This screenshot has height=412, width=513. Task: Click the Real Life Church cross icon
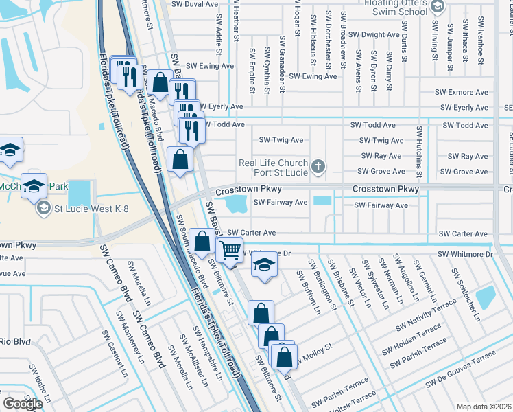(x=317, y=166)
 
